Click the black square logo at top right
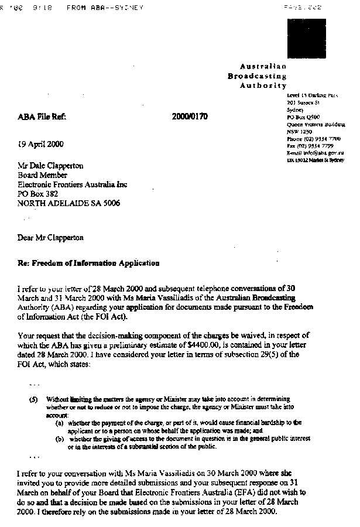(x=307, y=39)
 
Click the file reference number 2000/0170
(x=190, y=117)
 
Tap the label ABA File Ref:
(x=42, y=117)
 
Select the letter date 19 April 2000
(x=41, y=144)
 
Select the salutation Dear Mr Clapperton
(x=50, y=238)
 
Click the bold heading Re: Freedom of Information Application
(x=88, y=263)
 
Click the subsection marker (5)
(x=33, y=399)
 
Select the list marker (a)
(x=59, y=422)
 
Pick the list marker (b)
(x=59, y=438)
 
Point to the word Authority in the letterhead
(x=263, y=85)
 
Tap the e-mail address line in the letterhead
(x=315, y=152)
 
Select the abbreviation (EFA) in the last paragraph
(x=222, y=493)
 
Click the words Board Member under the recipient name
(x=43, y=175)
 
